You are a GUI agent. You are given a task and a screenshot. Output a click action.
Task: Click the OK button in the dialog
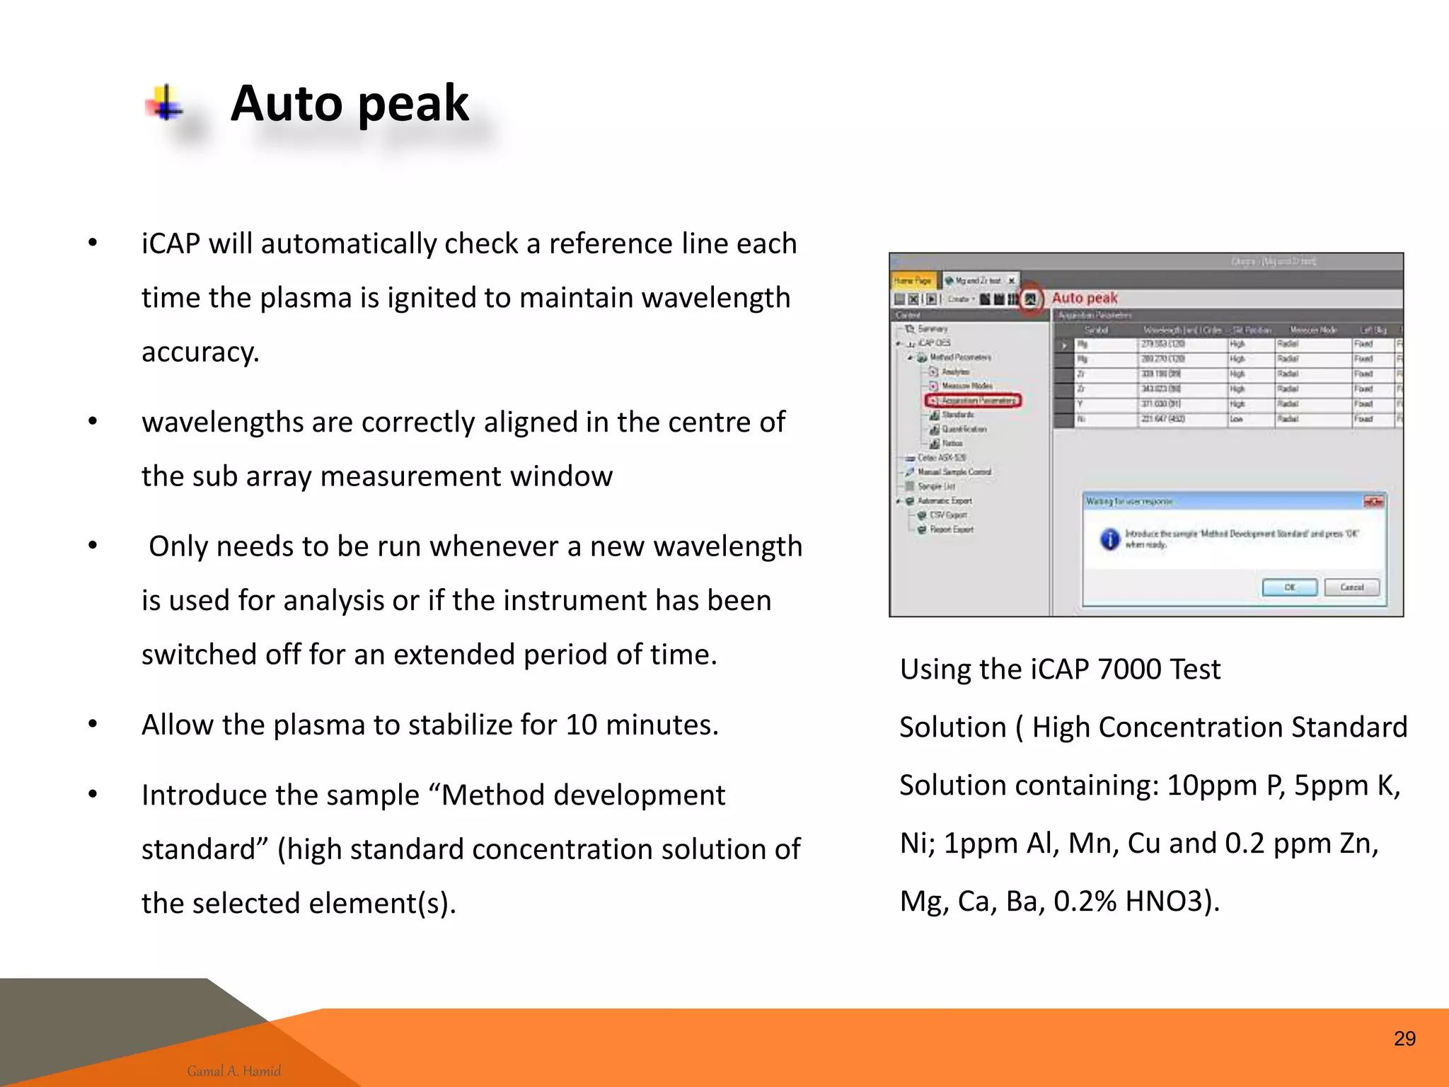pos(1289,587)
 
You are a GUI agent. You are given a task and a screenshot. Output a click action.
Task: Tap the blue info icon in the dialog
pos(1109,539)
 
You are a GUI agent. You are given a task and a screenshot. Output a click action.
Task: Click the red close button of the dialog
pos(1373,502)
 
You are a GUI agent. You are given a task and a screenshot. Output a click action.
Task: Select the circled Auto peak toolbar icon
pos(1031,299)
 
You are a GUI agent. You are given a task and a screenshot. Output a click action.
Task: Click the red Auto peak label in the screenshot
pos(1085,298)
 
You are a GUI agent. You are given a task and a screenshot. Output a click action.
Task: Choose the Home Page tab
pos(913,281)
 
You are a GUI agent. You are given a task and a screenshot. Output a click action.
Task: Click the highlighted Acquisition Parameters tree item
pos(974,401)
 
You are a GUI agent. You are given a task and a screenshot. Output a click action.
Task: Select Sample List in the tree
pos(936,486)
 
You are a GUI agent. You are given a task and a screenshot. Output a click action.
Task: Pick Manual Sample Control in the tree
pos(954,472)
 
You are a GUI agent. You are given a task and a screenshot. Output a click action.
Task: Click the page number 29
pos(1404,1038)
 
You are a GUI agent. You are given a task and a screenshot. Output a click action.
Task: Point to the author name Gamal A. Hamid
pos(234,1071)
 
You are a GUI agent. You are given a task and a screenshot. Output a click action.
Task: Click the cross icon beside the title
pos(166,105)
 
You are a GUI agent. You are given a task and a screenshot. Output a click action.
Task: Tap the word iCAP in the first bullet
pos(171,244)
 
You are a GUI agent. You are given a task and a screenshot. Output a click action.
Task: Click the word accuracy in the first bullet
pos(200,352)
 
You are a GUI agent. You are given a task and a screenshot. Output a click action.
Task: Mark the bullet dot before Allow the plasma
pos(93,725)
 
